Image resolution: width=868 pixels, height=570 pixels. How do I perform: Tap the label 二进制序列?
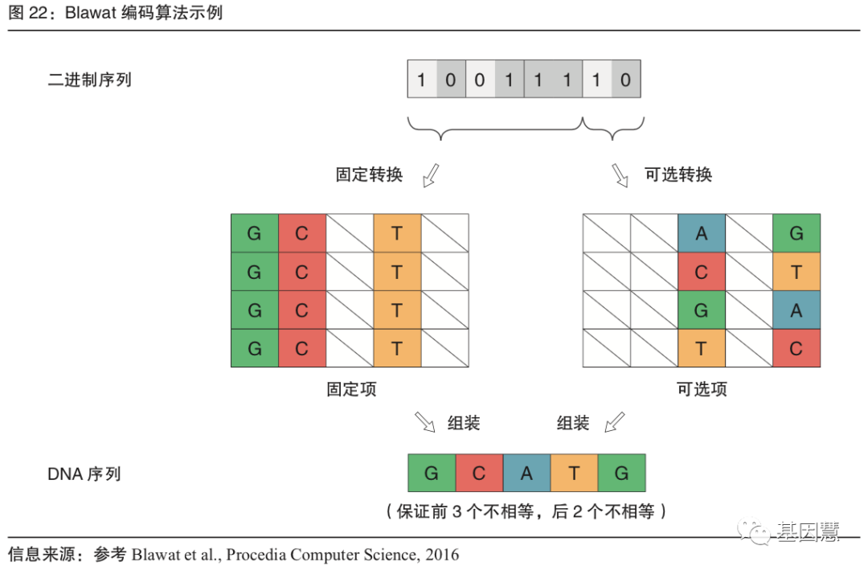(x=89, y=80)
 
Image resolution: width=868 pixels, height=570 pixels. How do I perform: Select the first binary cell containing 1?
(x=422, y=80)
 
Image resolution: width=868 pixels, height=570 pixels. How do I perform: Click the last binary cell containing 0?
(x=626, y=80)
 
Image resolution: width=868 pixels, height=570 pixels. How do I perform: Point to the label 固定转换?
(x=369, y=174)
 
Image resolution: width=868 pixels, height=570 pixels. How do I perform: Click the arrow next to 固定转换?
(x=431, y=174)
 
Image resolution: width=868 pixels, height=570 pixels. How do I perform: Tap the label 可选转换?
(x=678, y=174)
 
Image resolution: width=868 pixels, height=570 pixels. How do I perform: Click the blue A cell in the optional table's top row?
(x=702, y=233)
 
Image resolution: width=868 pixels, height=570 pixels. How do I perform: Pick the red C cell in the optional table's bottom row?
(x=796, y=348)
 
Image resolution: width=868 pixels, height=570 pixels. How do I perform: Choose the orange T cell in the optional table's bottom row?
(x=702, y=348)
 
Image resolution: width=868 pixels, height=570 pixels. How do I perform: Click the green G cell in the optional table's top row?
(x=796, y=233)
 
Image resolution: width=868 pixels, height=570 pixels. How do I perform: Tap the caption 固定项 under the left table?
(x=350, y=390)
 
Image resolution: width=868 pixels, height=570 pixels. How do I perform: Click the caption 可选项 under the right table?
(x=702, y=390)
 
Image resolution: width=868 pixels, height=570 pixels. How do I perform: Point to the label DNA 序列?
(x=84, y=474)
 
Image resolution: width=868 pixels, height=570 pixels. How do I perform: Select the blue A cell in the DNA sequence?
(x=526, y=474)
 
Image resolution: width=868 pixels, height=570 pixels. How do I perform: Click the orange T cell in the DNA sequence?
(x=574, y=474)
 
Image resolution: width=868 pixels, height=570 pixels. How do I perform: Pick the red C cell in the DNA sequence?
(x=479, y=474)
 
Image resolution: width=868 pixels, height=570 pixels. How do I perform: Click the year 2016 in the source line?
(x=440, y=555)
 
